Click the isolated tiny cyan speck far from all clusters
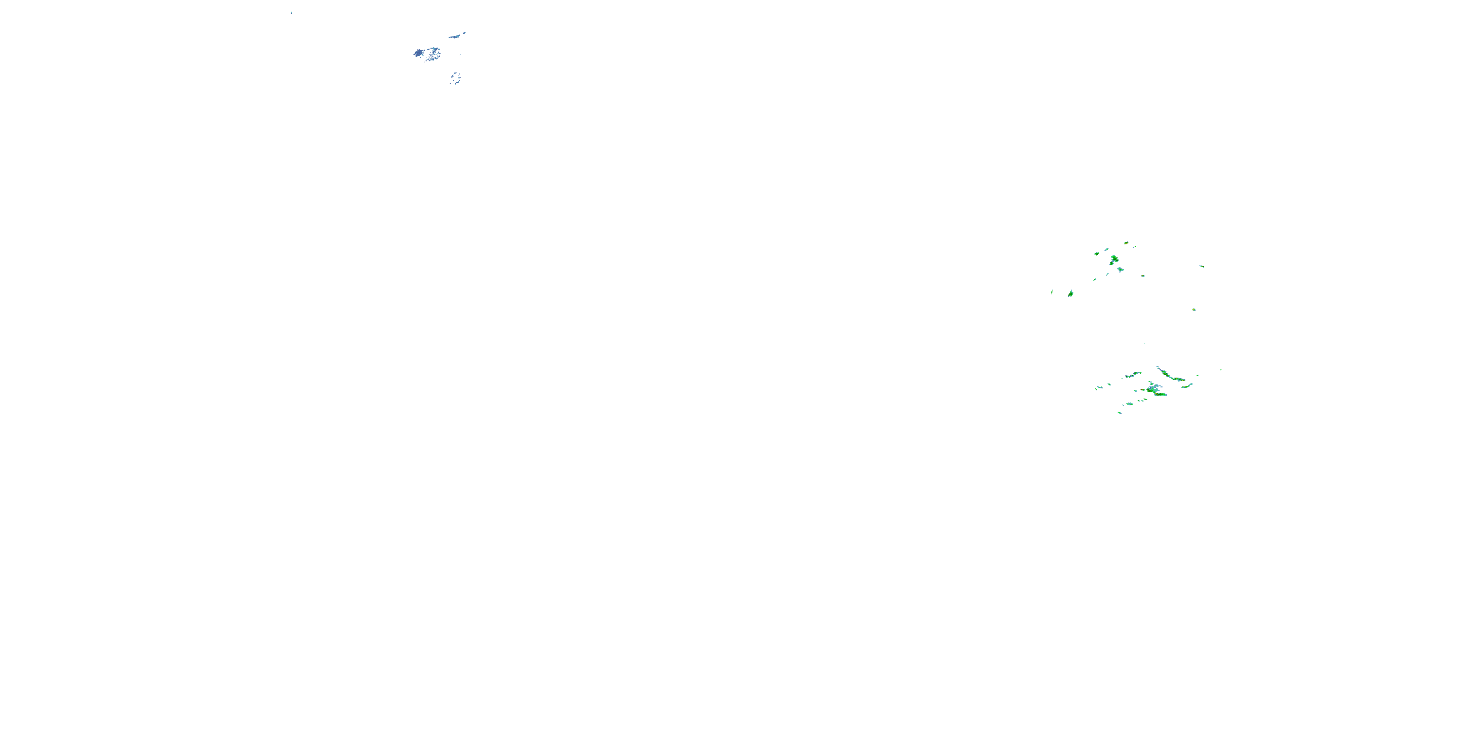pyautogui.click(x=291, y=13)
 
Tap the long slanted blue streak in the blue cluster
pyautogui.click(x=455, y=36)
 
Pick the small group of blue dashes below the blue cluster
pyautogui.click(x=455, y=78)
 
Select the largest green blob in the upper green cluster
pyautogui.click(x=1114, y=259)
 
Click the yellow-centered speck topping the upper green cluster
pyautogui.click(x=1126, y=242)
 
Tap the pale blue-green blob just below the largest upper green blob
pyautogui.click(x=1120, y=270)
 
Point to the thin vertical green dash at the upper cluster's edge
pyautogui.click(x=1052, y=292)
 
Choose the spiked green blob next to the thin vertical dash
pyautogui.click(x=1070, y=293)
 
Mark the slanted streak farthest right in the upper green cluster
pyautogui.click(x=1202, y=266)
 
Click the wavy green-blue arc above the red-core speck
pyautogui.click(x=1133, y=375)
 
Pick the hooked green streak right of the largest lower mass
pyautogui.click(x=1186, y=385)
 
